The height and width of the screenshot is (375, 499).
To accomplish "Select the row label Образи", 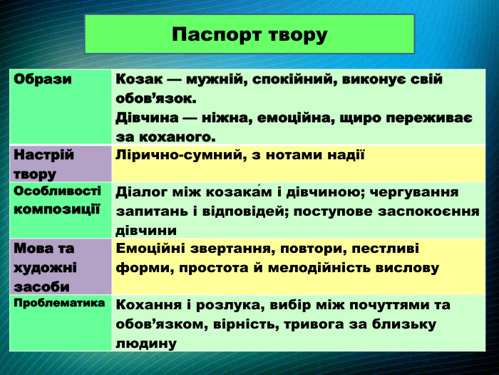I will pyautogui.click(x=43, y=79).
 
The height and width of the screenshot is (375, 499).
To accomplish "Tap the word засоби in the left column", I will pyautogui.click(x=41, y=286).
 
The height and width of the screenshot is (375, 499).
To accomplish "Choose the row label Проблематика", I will pyautogui.click(x=58, y=302).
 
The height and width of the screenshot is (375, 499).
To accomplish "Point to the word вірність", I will pyautogui.click(x=248, y=324).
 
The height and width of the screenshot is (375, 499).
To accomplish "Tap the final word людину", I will pyautogui.click(x=146, y=343).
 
